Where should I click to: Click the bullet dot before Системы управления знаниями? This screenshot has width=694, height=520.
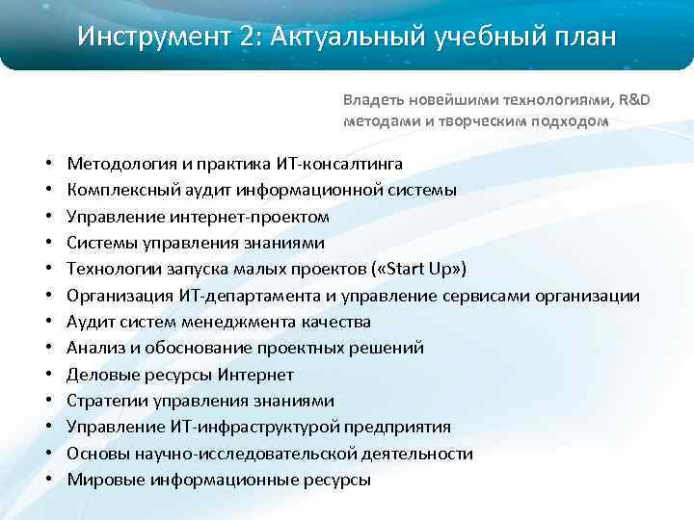tap(47, 244)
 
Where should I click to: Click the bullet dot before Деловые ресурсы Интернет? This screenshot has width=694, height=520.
tap(47, 375)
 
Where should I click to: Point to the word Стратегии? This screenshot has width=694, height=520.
tap(104, 401)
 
